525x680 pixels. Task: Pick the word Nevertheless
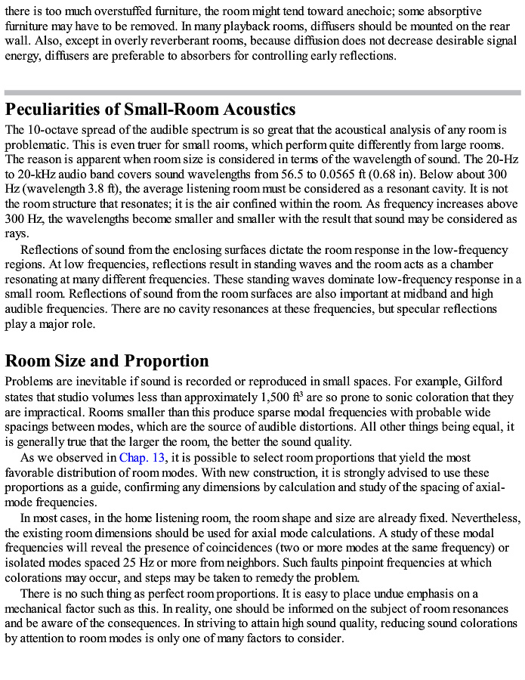[x=483, y=518]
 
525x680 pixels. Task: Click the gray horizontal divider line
[x=262, y=92]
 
